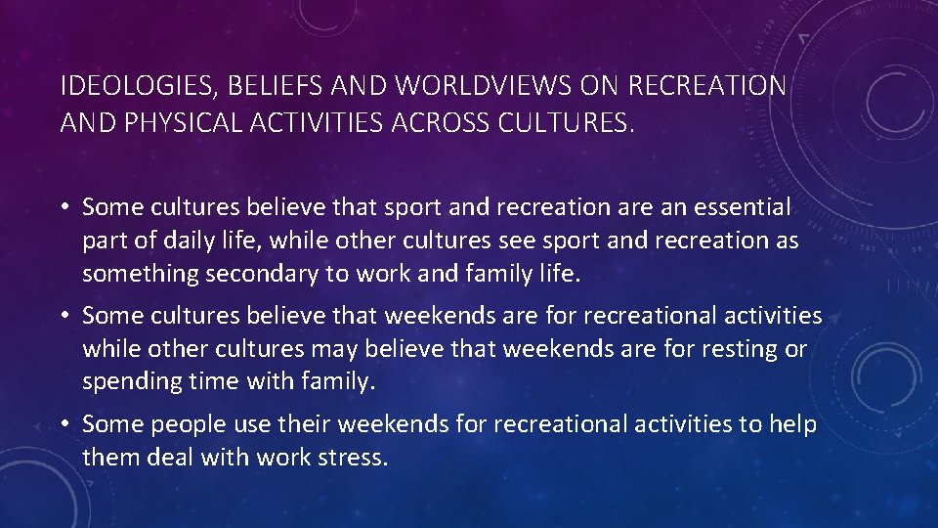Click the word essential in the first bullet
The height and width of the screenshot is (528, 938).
click(737, 207)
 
